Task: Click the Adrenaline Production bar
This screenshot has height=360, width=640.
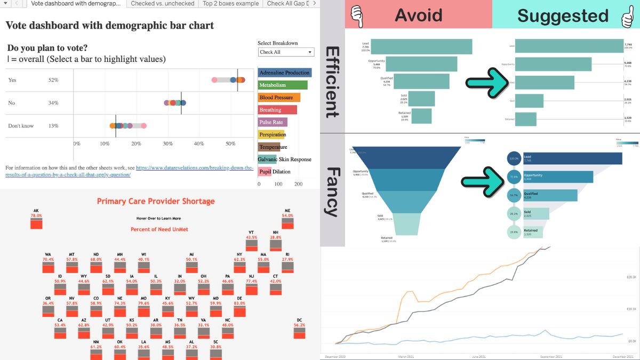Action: [284, 73]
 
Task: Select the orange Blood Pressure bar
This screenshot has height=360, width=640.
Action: [278, 98]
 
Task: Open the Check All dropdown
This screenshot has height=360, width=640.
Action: [286, 52]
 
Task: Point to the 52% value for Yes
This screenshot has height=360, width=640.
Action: [53, 80]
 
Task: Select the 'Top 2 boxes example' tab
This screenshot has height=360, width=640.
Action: [230, 4]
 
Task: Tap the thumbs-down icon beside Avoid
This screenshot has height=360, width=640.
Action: [356, 15]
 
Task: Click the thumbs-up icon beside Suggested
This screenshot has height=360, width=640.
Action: [627, 15]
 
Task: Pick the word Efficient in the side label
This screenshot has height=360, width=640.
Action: [332, 82]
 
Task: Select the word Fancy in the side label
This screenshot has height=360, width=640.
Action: [332, 191]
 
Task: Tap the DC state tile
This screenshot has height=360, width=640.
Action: [299, 332]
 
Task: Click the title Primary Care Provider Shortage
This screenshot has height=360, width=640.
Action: [156, 202]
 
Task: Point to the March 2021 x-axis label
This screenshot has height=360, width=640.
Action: [406, 356]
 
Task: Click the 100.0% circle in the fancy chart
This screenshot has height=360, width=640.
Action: [514, 158]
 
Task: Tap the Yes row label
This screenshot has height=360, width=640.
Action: [12, 80]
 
